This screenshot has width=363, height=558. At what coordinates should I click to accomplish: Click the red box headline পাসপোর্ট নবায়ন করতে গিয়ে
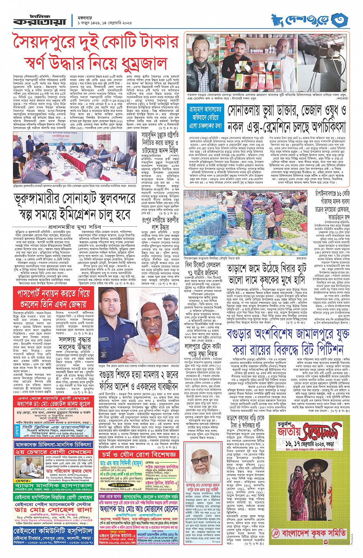(54, 294)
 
